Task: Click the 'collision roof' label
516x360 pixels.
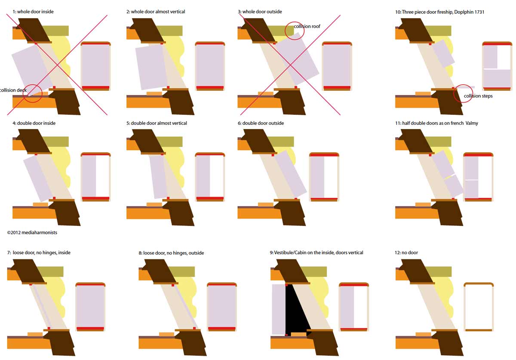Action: (x=307, y=27)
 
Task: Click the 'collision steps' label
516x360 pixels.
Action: (x=478, y=96)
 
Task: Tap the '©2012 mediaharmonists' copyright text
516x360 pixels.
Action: (x=32, y=233)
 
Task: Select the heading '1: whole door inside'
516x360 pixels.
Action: (x=33, y=12)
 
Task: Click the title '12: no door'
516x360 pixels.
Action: (x=406, y=252)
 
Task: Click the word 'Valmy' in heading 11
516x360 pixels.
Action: (x=472, y=123)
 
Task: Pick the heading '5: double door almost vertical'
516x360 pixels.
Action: (x=157, y=123)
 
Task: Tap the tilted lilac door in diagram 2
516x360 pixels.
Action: (x=151, y=67)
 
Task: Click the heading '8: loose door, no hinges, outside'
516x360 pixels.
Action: (x=171, y=253)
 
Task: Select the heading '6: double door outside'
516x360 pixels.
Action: (x=261, y=123)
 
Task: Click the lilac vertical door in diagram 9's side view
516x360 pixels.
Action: (x=279, y=309)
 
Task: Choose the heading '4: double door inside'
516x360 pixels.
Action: (x=34, y=123)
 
